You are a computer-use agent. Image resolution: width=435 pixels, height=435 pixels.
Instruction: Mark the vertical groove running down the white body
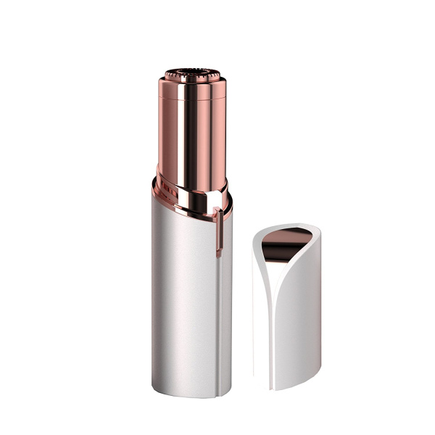(x=218, y=312)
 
